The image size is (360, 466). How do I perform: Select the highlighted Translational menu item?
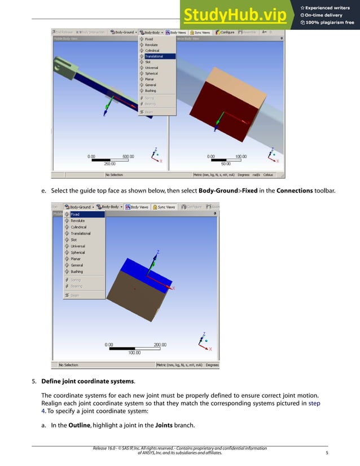point(157,56)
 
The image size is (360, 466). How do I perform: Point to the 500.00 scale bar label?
point(129,156)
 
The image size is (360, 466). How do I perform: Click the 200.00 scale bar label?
point(160,344)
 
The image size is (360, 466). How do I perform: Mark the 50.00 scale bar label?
point(225,164)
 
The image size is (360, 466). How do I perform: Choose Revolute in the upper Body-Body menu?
point(151,45)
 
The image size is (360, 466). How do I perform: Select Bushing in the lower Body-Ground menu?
point(76,271)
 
